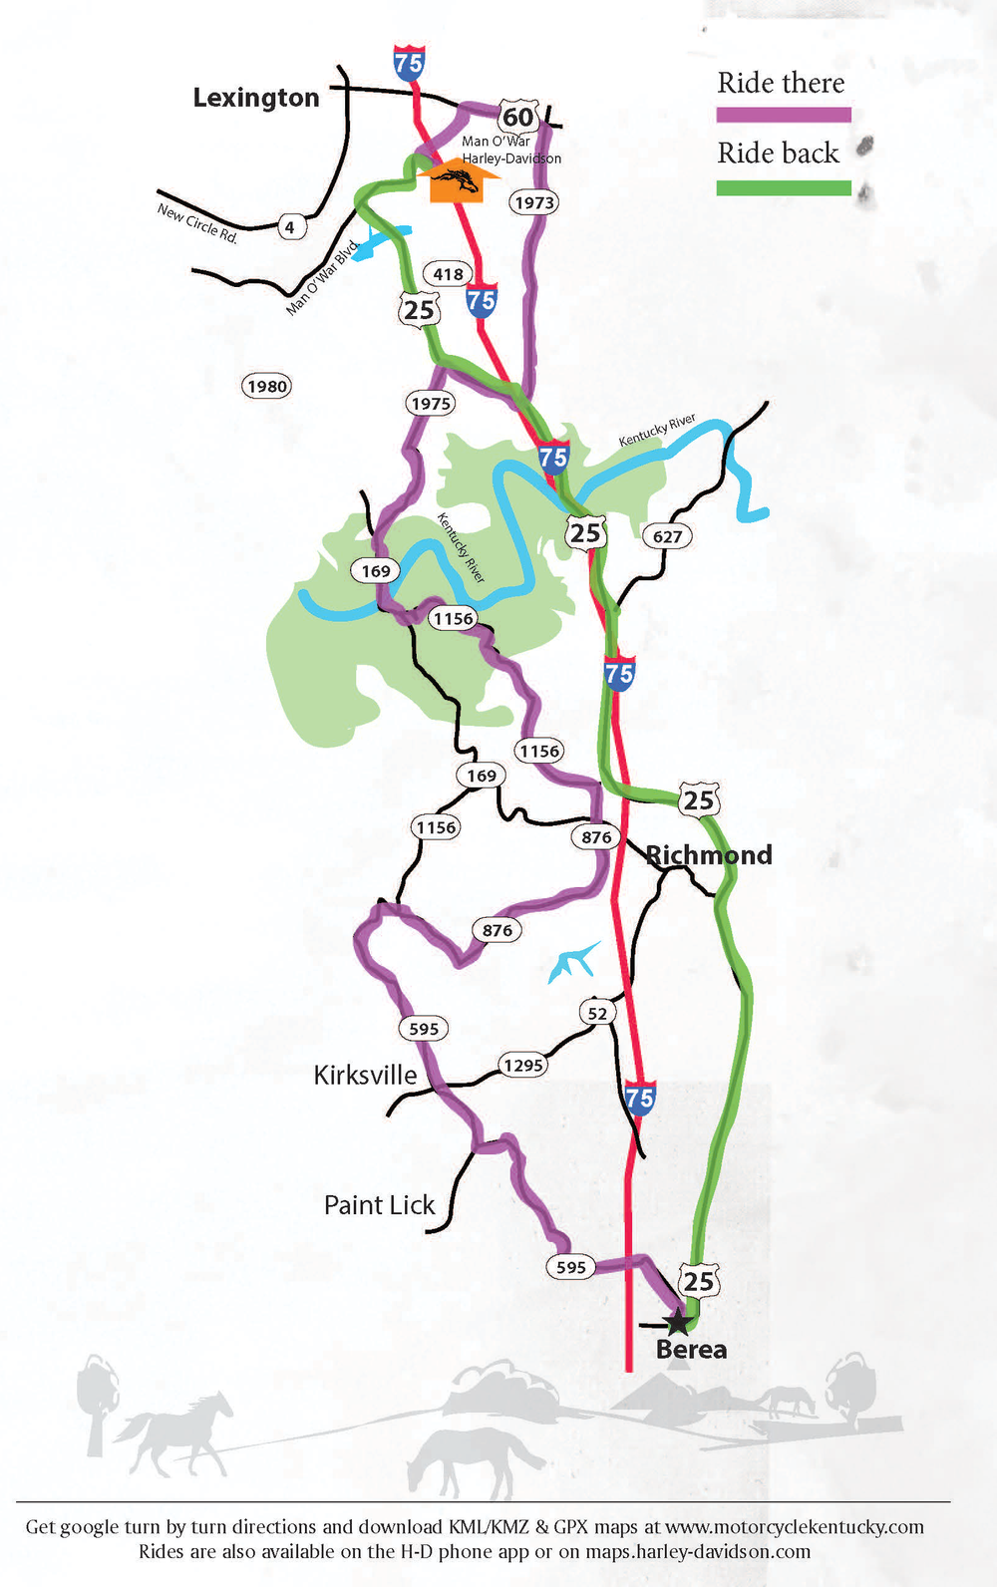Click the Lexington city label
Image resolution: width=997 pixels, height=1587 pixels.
point(256,98)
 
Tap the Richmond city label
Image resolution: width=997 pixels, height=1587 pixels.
point(709,855)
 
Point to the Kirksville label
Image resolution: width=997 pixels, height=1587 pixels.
point(365,1075)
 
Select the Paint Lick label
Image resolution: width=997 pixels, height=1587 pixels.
point(379,1205)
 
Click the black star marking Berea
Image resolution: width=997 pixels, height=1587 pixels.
point(677,1322)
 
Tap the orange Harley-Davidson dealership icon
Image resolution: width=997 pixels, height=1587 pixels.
point(457,180)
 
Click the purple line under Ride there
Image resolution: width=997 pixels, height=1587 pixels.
point(784,115)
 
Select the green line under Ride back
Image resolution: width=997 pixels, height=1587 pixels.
point(784,187)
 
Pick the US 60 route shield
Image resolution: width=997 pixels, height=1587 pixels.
point(518,117)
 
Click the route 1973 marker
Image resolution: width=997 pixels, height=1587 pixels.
point(533,202)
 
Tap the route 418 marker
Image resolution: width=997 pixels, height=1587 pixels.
point(448,273)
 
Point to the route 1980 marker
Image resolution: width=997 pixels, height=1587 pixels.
point(267,386)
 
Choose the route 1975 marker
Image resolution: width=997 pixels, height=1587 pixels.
point(431,403)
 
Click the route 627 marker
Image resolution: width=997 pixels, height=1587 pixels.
point(667,536)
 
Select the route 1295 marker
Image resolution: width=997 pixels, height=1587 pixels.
point(523,1065)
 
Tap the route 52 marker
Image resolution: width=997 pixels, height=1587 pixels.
point(597,1013)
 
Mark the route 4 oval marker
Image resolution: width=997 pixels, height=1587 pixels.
point(290,227)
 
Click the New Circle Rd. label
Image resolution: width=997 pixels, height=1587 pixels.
point(197,223)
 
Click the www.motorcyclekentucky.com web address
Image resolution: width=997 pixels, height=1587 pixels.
point(795,1527)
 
